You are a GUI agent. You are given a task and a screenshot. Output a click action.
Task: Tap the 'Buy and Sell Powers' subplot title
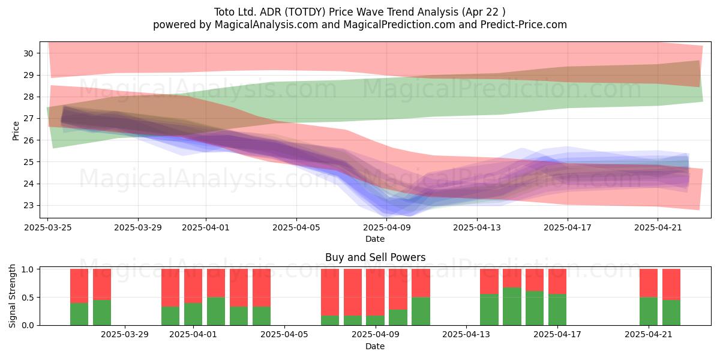[x=375, y=257]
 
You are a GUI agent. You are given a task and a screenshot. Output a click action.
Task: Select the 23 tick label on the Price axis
[x=28, y=205]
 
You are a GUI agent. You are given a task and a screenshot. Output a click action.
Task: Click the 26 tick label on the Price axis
[x=28, y=140]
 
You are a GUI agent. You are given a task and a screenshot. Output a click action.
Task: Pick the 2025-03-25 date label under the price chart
[x=48, y=227]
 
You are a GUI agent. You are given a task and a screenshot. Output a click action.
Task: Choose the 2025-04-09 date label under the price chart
[x=387, y=227]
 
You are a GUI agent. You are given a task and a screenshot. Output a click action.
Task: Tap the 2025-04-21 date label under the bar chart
[x=649, y=334]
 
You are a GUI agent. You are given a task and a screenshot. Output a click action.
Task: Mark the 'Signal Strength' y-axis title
[x=12, y=296]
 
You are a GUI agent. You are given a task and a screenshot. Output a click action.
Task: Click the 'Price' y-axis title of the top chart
[x=16, y=131]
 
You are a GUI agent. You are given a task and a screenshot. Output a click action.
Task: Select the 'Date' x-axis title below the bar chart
[x=375, y=346]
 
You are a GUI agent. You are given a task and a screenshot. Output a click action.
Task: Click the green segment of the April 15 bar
[x=512, y=307]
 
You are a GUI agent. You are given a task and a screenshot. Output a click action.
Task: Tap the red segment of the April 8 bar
[x=353, y=293]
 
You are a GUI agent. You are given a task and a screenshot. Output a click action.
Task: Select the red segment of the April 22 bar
[x=671, y=284]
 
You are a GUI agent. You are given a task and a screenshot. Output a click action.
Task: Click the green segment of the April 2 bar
[x=215, y=311]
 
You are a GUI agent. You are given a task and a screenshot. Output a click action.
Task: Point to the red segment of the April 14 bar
[x=489, y=281]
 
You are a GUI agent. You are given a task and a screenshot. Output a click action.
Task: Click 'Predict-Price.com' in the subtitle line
[x=524, y=25]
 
